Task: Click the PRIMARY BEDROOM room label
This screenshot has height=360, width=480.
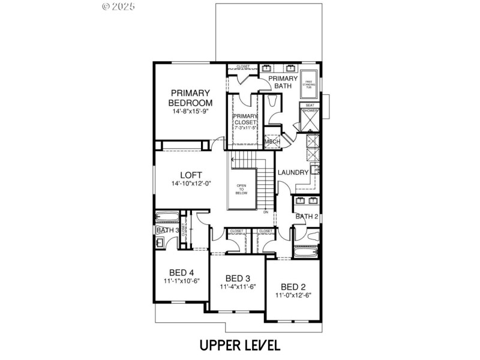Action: pos(190,97)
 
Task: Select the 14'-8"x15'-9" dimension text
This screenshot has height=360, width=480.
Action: pos(190,112)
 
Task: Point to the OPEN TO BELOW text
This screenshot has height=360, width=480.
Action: pos(242,190)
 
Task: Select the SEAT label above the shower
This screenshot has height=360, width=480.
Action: pos(310,105)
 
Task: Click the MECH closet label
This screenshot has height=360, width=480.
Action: pos(273,142)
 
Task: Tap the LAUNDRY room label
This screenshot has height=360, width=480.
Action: pos(293,173)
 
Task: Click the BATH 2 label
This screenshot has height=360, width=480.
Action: pos(307,217)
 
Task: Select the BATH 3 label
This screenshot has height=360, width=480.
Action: pos(167,230)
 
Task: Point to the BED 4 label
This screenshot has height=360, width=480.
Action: pos(181,272)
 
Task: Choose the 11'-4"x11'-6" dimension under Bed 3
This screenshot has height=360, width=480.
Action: pos(238,287)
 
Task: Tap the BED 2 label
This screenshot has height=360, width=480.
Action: pos(293,286)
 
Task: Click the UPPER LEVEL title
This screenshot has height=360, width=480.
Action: pos(239,345)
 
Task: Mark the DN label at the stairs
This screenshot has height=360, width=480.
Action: pos(265,212)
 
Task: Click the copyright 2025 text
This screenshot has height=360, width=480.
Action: pos(119,7)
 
